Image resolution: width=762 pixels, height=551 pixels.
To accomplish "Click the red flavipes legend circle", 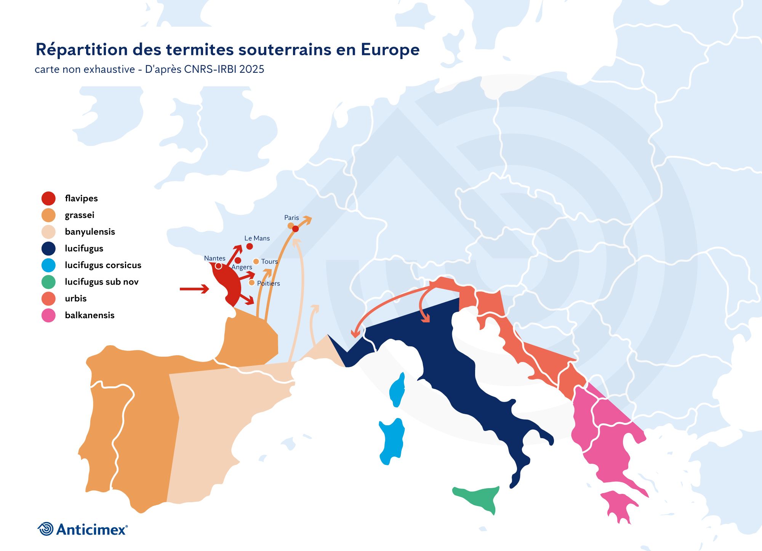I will point(48,198).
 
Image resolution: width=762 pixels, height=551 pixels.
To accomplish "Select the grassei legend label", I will point(79,215).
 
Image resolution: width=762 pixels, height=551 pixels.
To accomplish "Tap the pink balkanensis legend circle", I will point(48,315).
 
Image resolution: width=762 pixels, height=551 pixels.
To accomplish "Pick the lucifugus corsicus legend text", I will point(103,265).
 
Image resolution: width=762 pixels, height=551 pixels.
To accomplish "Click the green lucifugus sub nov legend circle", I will point(48,282).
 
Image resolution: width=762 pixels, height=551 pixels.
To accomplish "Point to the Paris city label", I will point(291,218).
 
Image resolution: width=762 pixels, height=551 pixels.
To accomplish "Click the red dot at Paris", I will point(295,229).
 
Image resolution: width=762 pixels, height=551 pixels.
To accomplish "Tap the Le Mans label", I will point(257,238).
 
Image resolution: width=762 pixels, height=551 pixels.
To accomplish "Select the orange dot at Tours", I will point(256,261).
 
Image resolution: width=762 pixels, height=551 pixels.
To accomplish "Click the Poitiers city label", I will point(268,283).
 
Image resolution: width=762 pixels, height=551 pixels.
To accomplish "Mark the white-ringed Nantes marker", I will point(218,266).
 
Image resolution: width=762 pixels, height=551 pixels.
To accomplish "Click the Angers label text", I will point(242,267).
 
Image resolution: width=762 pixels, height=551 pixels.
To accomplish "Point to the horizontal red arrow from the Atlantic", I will point(194,289).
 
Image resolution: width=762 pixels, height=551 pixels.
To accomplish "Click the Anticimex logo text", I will point(91,529).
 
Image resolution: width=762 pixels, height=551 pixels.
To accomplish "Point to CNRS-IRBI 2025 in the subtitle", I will point(224,69).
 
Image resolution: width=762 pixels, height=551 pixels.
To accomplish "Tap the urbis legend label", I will point(75,298).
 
